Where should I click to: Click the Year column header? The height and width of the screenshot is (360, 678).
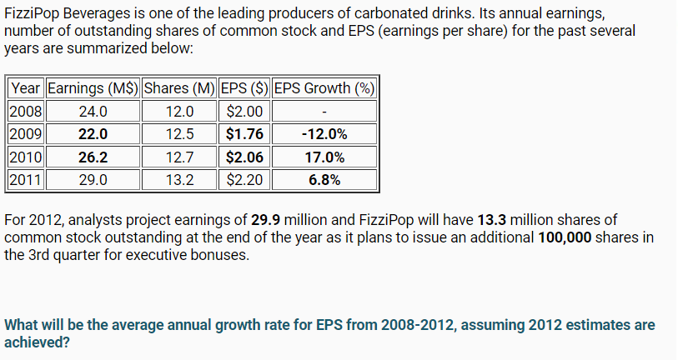pyautogui.click(x=26, y=88)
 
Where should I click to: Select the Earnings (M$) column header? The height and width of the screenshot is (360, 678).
pyautogui.click(x=93, y=88)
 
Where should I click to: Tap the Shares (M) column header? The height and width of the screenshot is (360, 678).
pyautogui.click(x=179, y=88)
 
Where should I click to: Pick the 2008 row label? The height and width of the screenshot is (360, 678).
pyautogui.click(x=26, y=111)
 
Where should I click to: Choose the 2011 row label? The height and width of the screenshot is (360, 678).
pyautogui.click(x=26, y=178)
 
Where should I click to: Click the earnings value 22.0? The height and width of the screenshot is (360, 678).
pyautogui.click(x=93, y=133)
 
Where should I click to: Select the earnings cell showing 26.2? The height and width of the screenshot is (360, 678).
pyautogui.click(x=93, y=156)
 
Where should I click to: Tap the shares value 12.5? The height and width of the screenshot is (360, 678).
pyautogui.click(x=179, y=133)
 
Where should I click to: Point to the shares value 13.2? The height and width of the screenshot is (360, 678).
pyautogui.click(x=179, y=178)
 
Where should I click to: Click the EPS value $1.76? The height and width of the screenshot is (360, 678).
pyautogui.click(x=244, y=133)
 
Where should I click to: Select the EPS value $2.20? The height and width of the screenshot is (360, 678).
pyautogui.click(x=244, y=178)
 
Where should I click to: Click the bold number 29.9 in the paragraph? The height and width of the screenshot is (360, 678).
pyautogui.click(x=265, y=220)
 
